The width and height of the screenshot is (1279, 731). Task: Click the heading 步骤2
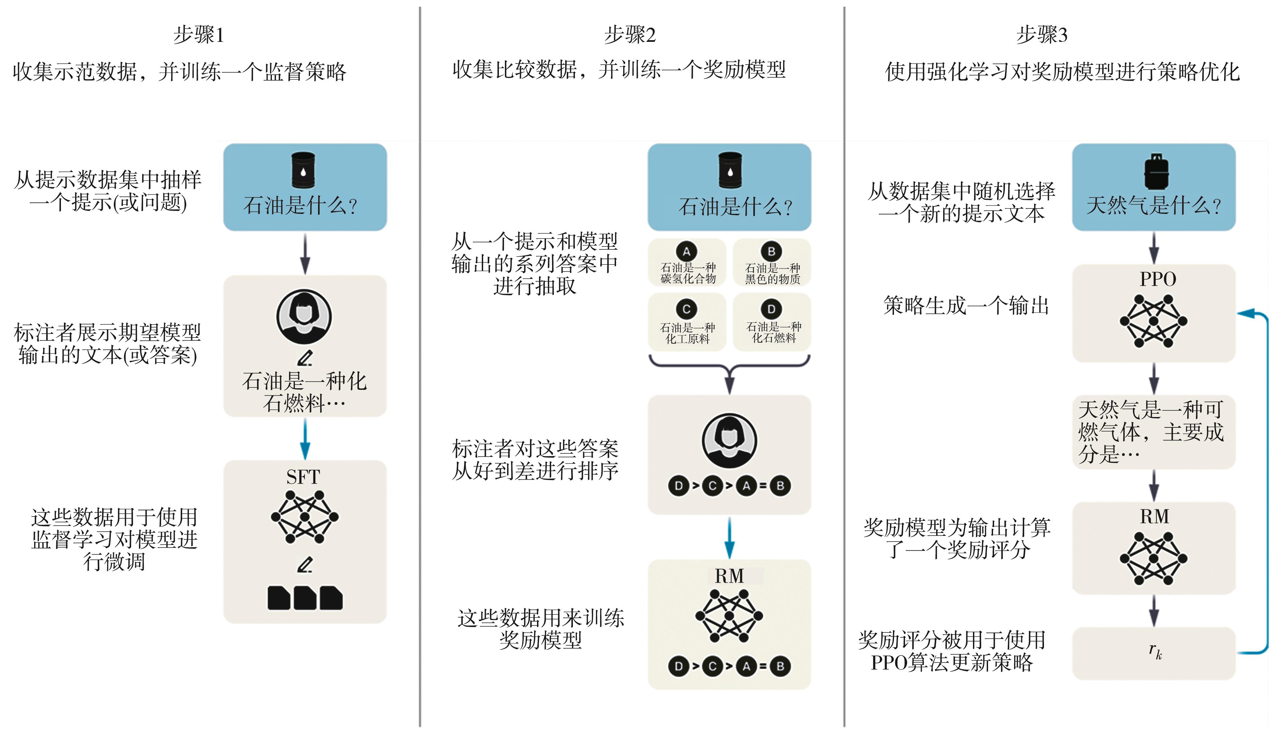[x=630, y=35]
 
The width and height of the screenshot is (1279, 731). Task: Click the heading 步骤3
[x=1042, y=35]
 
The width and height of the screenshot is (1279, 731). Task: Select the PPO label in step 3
[x=1157, y=279]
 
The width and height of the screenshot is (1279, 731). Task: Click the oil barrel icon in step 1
[x=303, y=170]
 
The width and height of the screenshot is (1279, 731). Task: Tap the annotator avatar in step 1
[x=304, y=316]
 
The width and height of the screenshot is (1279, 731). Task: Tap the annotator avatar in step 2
[x=729, y=440]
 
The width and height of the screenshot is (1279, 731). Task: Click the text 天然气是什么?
[x=1153, y=206]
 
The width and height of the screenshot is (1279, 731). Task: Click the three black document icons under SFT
[x=305, y=597]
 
